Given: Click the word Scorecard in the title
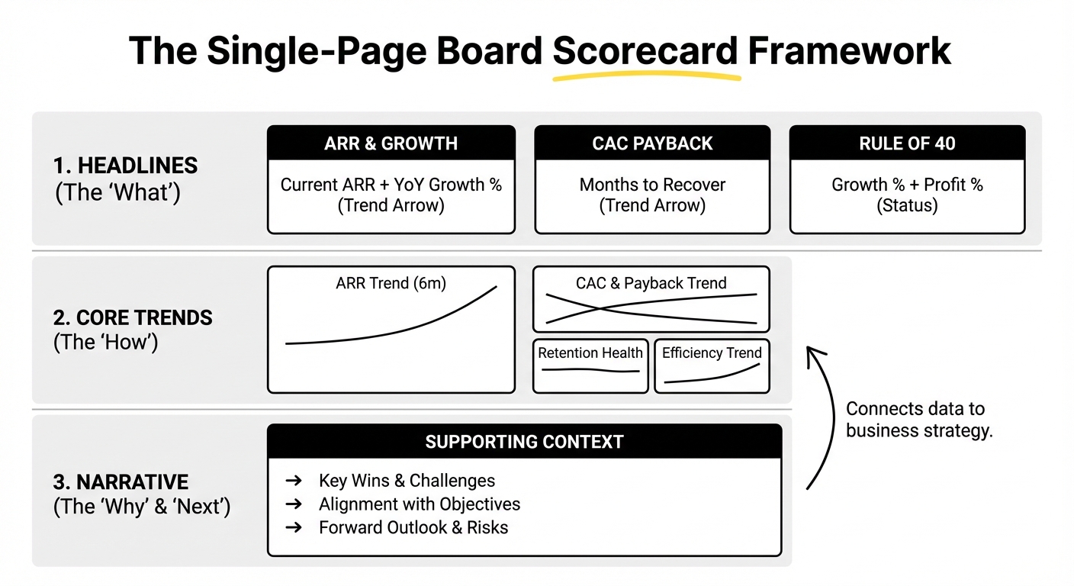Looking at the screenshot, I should tap(645, 51).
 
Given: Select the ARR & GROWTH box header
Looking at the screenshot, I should tap(391, 143).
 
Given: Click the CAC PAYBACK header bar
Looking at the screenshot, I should tap(652, 143).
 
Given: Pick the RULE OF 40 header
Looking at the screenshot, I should tap(907, 143).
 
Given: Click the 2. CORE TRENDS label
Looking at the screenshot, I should tap(133, 317).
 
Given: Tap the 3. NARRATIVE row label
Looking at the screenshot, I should tap(121, 482).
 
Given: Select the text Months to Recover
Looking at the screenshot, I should tap(652, 185).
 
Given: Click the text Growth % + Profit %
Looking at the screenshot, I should tap(907, 185).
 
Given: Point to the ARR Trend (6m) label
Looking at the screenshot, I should tap(391, 283).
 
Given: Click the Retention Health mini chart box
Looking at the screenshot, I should tap(590, 365).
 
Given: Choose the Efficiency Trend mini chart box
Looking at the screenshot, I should tap(712, 365).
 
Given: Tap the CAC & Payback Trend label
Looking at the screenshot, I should tap(651, 283).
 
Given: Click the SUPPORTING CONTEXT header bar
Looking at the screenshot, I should tap(524, 442).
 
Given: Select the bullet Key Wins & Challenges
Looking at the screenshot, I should tap(407, 481).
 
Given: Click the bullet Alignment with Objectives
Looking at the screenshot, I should tap(420, 504).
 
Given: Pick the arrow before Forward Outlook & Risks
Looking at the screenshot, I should tap(293, 528).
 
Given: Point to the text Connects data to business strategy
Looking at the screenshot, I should tap(919, 420).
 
